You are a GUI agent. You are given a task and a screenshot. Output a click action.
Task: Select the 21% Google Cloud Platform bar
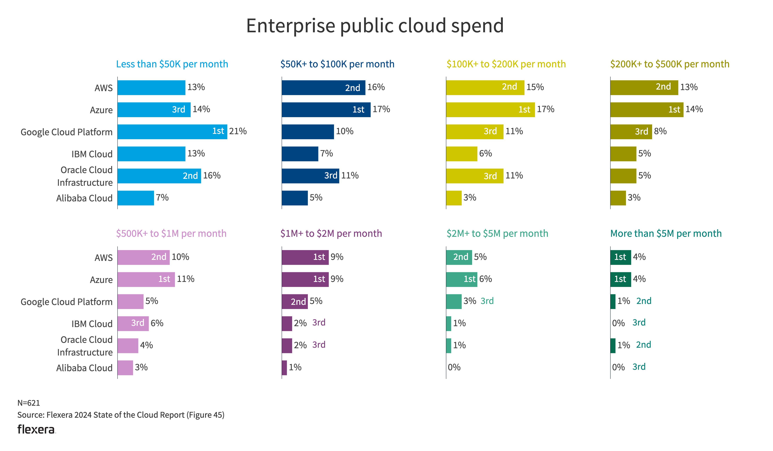coord(172,132)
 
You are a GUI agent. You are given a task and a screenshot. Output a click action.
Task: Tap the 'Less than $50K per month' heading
coord(172,64)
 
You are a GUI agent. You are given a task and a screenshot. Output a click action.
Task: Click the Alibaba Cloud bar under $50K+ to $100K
coord(294,198)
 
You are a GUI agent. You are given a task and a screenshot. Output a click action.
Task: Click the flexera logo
coord(36,429)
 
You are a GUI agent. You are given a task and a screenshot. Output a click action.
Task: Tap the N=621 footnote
coord(28,403)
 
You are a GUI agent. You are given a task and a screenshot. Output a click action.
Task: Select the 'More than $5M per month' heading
coord(666,234)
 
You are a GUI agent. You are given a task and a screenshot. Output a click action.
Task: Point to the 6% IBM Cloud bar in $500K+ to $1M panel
coord(133,323)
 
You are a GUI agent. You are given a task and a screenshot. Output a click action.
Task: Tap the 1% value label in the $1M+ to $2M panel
coord(295,367)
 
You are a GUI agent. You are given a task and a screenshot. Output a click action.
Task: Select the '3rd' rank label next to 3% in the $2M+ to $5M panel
coord(487,301)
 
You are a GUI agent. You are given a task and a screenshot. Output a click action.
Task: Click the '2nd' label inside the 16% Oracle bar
coord(190,176)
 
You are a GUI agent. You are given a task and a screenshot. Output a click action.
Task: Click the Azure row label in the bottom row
coord(101,280)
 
